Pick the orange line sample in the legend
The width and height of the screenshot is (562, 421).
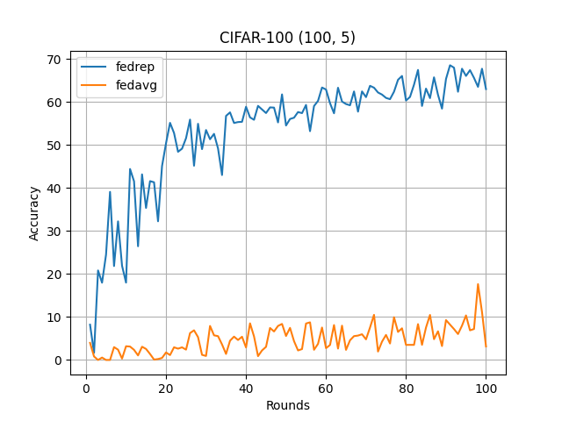(96, 85)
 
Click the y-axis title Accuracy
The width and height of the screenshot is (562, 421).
(34, 212)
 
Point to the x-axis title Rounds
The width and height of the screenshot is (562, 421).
(288, 406)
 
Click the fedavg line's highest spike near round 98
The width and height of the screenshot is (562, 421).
(478, 284)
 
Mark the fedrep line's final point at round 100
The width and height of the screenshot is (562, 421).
(486, 89)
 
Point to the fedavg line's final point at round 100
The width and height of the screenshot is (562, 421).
(486, 346)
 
